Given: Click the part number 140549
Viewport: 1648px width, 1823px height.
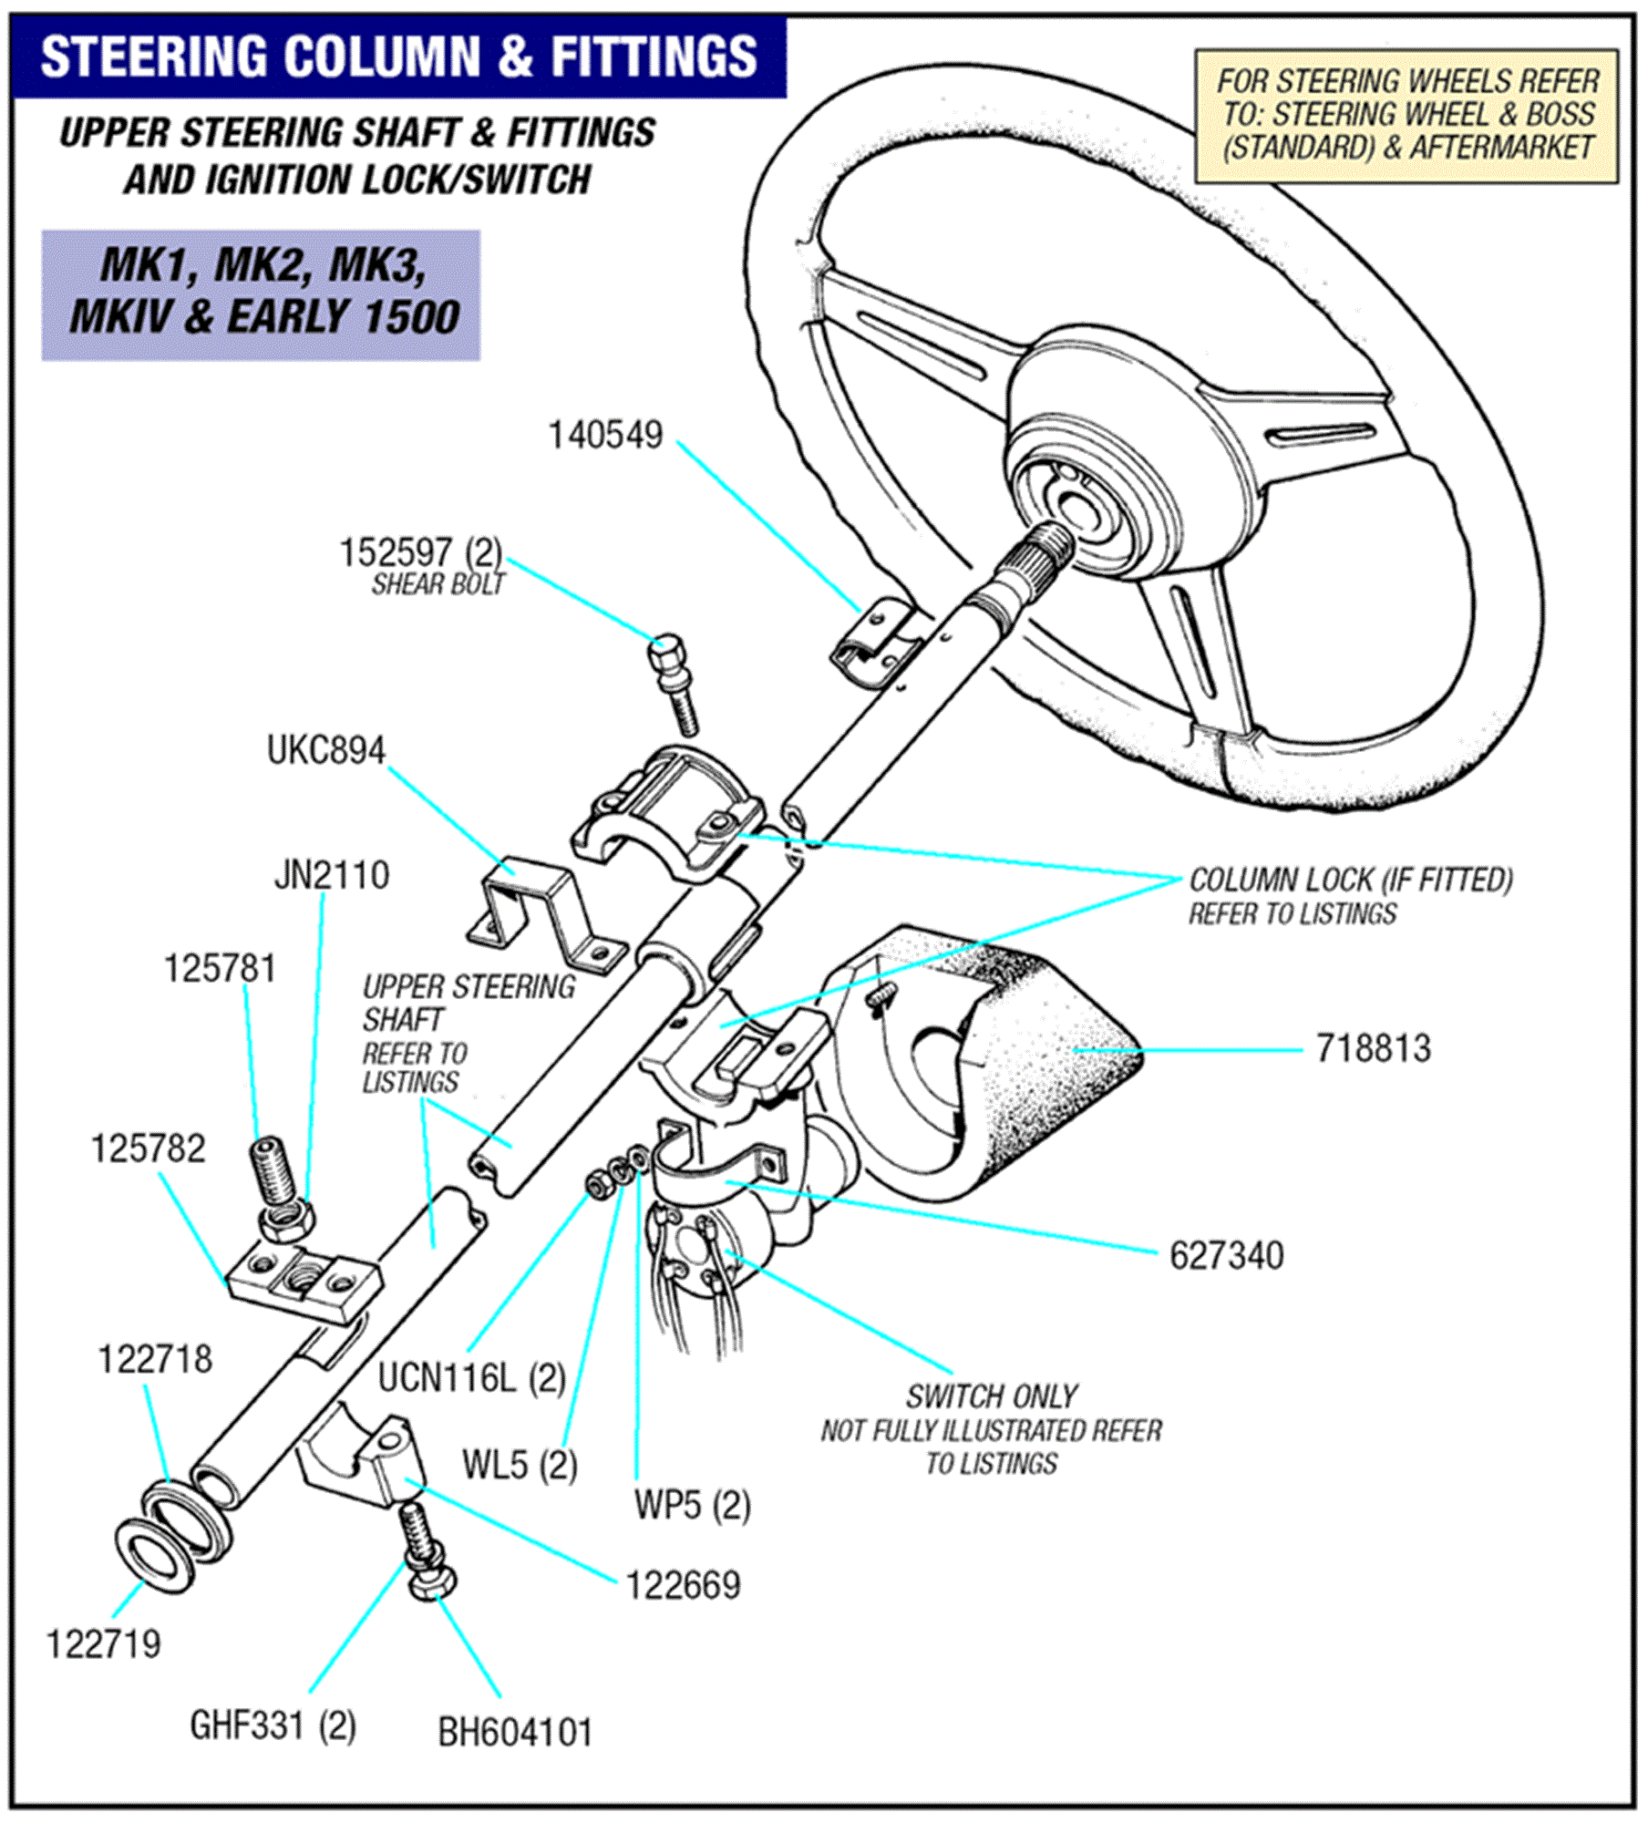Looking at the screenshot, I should [605, 436].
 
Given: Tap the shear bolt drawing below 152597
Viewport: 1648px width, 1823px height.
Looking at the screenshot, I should [675, 684].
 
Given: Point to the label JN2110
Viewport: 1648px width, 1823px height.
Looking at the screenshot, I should [332, 876].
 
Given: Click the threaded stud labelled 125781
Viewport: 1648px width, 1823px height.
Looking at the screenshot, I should [269, 1170].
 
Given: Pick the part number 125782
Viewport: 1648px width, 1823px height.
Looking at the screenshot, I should [149, 1149].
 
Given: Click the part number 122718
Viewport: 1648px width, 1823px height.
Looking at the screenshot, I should [155, 1359].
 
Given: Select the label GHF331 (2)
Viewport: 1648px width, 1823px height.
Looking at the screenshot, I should [273, 1725].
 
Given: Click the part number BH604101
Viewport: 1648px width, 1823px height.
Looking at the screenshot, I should [515, 1733].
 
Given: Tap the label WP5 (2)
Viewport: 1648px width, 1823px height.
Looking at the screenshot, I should [693, 1505].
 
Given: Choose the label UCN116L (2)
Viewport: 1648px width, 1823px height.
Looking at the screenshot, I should [472, 1378].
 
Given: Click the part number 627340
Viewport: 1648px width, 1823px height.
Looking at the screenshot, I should [1226, 1256].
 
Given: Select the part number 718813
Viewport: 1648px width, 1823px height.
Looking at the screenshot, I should [1373, 1049].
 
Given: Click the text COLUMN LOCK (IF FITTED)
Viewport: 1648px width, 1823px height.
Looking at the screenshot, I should [1351, 881].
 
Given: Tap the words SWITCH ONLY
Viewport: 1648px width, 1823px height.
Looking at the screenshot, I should [992, 1396].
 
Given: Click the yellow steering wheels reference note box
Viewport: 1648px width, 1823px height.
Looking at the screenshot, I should [1406, 116].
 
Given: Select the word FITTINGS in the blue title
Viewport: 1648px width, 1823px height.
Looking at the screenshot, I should [653, 57].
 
